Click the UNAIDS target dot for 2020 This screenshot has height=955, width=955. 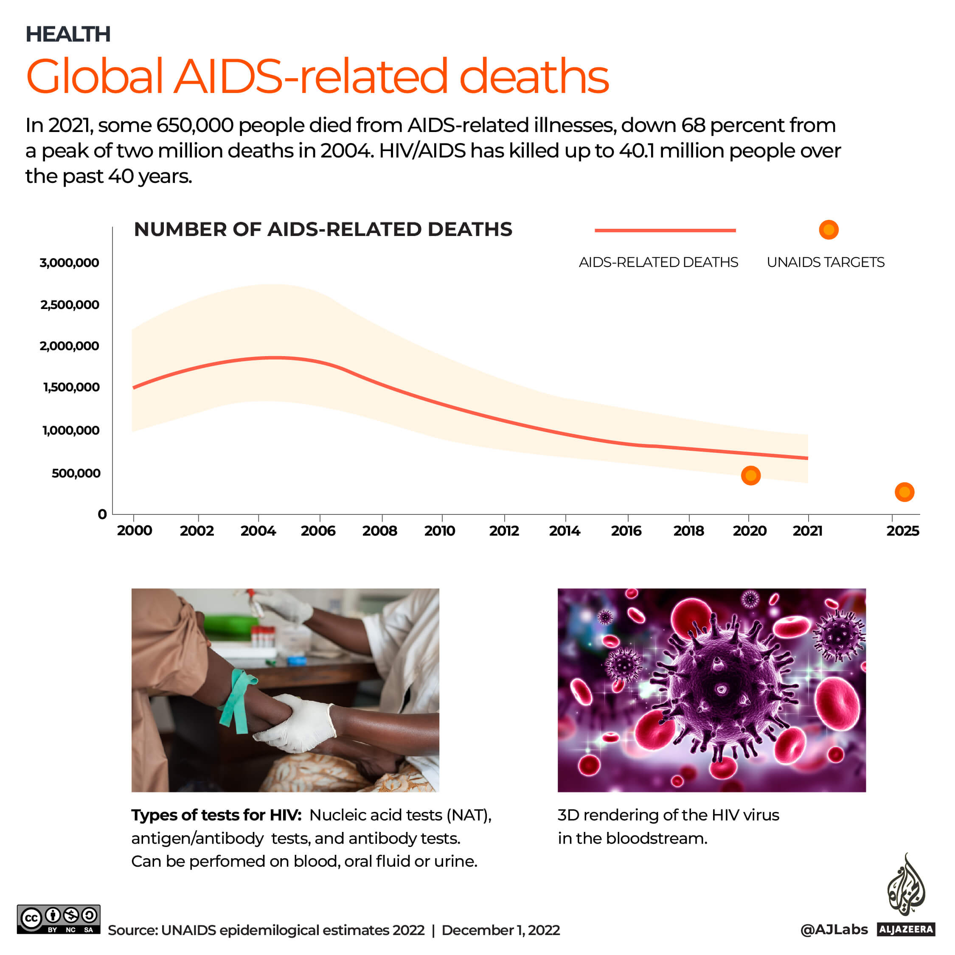click(750, 475)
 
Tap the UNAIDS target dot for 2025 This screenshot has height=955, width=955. click(904, 492)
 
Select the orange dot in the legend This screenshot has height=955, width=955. click(829, 230)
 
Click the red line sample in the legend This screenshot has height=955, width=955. click(665, 230)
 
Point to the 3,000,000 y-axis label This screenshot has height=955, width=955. click(69, 262)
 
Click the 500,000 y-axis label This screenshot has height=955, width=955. click(76, 473)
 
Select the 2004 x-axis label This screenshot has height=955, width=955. click(258, 531)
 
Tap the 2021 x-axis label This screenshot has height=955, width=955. click(807, 531)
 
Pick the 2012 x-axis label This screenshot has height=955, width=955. click(504, 531)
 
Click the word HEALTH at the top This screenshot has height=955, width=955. click(68, 34)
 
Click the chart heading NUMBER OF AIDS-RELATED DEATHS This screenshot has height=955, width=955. click(323, 229)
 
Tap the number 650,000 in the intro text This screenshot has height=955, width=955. click(195, 125)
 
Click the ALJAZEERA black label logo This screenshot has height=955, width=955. click(906, 929)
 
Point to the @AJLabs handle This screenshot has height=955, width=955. click(834, 929)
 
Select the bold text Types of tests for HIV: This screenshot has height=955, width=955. click(216, 815)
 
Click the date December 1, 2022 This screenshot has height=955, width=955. click(500, 930)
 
